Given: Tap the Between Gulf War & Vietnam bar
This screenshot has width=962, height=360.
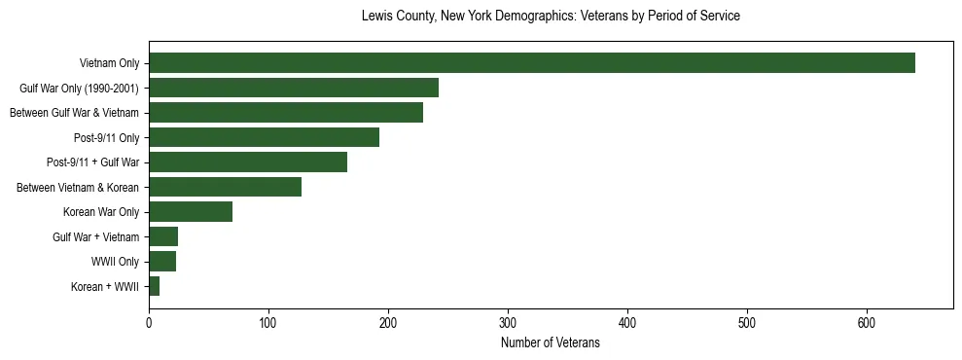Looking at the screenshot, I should (x=286, y=113).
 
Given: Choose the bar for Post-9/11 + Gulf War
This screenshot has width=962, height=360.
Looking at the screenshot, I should (x=248, y=162).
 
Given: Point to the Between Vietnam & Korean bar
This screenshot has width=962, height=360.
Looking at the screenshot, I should (x=225, y=187).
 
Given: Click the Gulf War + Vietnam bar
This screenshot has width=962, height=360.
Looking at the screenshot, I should (x=163, y=236).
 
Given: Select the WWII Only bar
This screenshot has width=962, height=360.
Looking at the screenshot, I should (x=162, y=261).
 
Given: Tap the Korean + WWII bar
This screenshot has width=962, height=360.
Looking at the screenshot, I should (x=154, y=286).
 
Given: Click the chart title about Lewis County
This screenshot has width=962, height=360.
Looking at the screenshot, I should (x=551, y=17).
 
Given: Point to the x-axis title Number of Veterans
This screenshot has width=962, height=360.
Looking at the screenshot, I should (x=551, y=342).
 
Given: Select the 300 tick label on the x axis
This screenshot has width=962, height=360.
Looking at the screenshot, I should (x=508, y=322).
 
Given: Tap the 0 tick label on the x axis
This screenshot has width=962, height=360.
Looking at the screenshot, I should (x=149, y=322).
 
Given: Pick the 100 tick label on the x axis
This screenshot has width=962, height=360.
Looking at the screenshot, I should (x=268, y=322).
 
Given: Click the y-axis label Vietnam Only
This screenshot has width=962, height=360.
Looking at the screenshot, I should (x=109, y=64).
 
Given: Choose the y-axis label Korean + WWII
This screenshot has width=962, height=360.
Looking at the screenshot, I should (x=105, y=287).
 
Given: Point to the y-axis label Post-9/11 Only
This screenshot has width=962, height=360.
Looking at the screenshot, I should (x=107, y=138).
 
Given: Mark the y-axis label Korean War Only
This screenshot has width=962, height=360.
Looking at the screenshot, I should (x=101, y=212).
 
